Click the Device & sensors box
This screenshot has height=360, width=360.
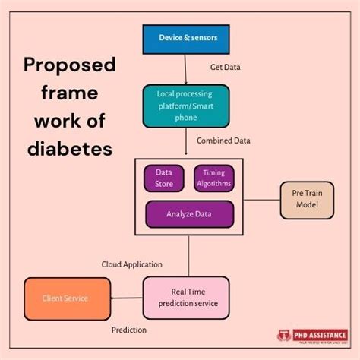click(x=186, y=38)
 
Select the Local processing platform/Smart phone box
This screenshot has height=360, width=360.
click(x=186, y=105)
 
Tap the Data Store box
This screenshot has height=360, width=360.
click(x=164, y=178)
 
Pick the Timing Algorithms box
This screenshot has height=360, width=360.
click(x=213, y=178)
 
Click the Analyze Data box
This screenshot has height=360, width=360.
click(x=189, y=213)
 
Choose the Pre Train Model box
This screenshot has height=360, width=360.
click(x=307, y=200)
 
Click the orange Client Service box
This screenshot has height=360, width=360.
click(x=66, y=298)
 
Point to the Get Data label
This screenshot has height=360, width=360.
click(x=226, y=67)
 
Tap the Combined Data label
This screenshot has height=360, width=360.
click(x=223, y=141)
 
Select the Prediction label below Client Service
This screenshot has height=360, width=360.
click(x=129, y=330)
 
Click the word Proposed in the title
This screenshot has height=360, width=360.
click(x=69, y=65)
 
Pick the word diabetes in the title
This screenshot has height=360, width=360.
click(x=69, y=148)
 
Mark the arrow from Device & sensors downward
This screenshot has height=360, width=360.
click(x=186, y=68)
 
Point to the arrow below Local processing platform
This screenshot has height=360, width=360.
click(x=186, y=142)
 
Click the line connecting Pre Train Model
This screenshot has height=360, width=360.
click(x=261, y=200)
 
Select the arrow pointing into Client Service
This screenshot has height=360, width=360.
click(x=126, y=298)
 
